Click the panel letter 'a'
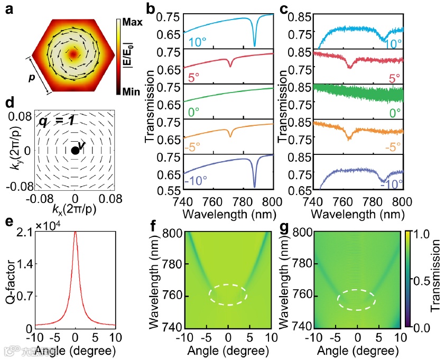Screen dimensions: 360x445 (9, 8)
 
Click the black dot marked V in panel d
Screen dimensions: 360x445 (75, 151)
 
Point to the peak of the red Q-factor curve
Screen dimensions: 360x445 (76, 231)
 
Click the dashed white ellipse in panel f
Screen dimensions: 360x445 (228, 294)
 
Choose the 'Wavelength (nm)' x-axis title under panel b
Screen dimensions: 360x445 (227, 215)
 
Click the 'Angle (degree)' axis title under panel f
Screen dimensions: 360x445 (228, 350)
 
